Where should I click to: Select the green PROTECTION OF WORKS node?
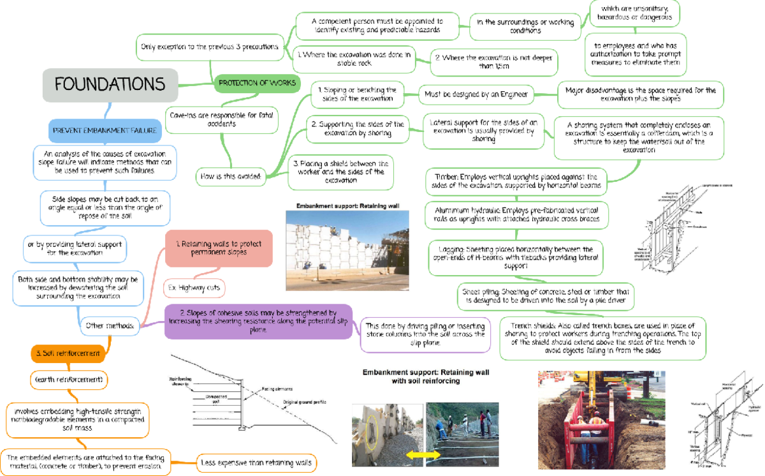pos(257,82)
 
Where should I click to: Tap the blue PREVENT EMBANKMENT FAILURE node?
pos(106,130)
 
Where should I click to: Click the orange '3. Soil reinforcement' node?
pos(68,353)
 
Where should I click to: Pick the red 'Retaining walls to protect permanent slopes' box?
pos(218,248)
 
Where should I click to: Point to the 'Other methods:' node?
pos(110,326)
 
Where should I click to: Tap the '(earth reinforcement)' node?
pos(68,380)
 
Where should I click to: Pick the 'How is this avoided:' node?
pos(230,177)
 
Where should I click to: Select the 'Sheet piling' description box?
pos(544,295)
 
